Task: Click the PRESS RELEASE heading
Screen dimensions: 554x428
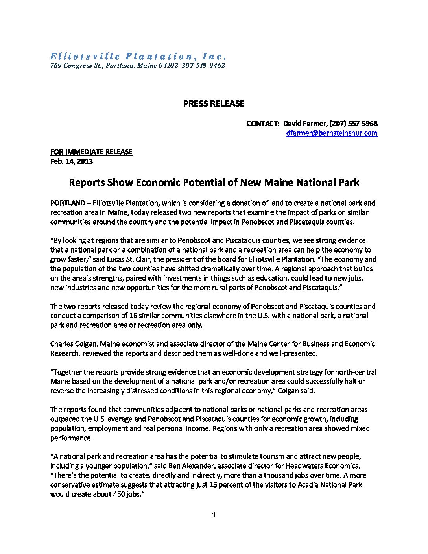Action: pyautogui.click(x=214, y=103)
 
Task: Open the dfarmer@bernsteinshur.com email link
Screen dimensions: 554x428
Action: pyautogui.click(x=332, y=133)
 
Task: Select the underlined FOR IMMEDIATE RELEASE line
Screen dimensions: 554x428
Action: pyautogui.click(x=91, y=152)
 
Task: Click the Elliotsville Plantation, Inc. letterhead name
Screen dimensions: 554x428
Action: pyautogui.click(x=138, y=56)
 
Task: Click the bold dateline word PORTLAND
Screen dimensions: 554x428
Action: pyautogui.click(x=67, y=203)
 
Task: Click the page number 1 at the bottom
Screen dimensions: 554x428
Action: pyautogui.click(x=214, y=515)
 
